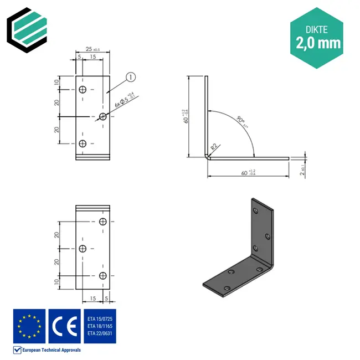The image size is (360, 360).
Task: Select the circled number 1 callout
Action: coord(131,77)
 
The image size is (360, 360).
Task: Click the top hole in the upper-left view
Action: coord(83,90)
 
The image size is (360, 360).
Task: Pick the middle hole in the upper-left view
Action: coord(103,116)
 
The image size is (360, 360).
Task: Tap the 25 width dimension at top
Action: coord(89,49)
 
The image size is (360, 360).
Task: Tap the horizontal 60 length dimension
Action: coord(246,173)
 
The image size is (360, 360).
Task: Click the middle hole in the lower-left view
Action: coord(83,249)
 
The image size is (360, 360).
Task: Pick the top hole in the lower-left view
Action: coord(103,222)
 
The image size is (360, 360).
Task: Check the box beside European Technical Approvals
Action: coord(17,350)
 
